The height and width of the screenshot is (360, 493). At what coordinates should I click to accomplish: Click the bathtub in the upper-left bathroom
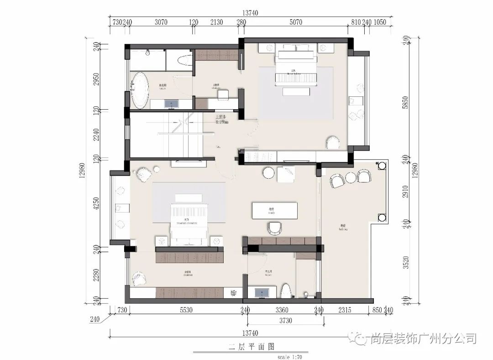(140, 91)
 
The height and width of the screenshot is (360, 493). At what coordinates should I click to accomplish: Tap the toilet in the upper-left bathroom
(185, 61)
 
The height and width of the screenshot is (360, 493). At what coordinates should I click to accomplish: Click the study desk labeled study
(275, 211)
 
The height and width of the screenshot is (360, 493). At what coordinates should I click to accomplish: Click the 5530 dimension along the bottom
(186, 310)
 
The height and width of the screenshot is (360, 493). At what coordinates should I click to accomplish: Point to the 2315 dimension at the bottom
(345, 310)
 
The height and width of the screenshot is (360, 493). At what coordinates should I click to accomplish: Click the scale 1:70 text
(289, 356)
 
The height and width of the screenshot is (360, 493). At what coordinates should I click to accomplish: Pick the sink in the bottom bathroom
(262, 292)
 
